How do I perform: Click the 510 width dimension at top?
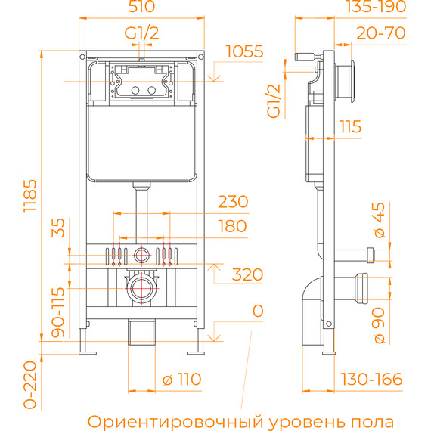coord(141,8)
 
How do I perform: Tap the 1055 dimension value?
coord(243,52)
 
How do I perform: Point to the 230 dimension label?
coord(232,203)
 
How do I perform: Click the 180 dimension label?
coord(231,225)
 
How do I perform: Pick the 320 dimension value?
coord(247,274)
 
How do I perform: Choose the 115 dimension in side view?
coord(349,127)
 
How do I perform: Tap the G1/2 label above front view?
coord(141,32)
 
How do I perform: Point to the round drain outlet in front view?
coord(141,287)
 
